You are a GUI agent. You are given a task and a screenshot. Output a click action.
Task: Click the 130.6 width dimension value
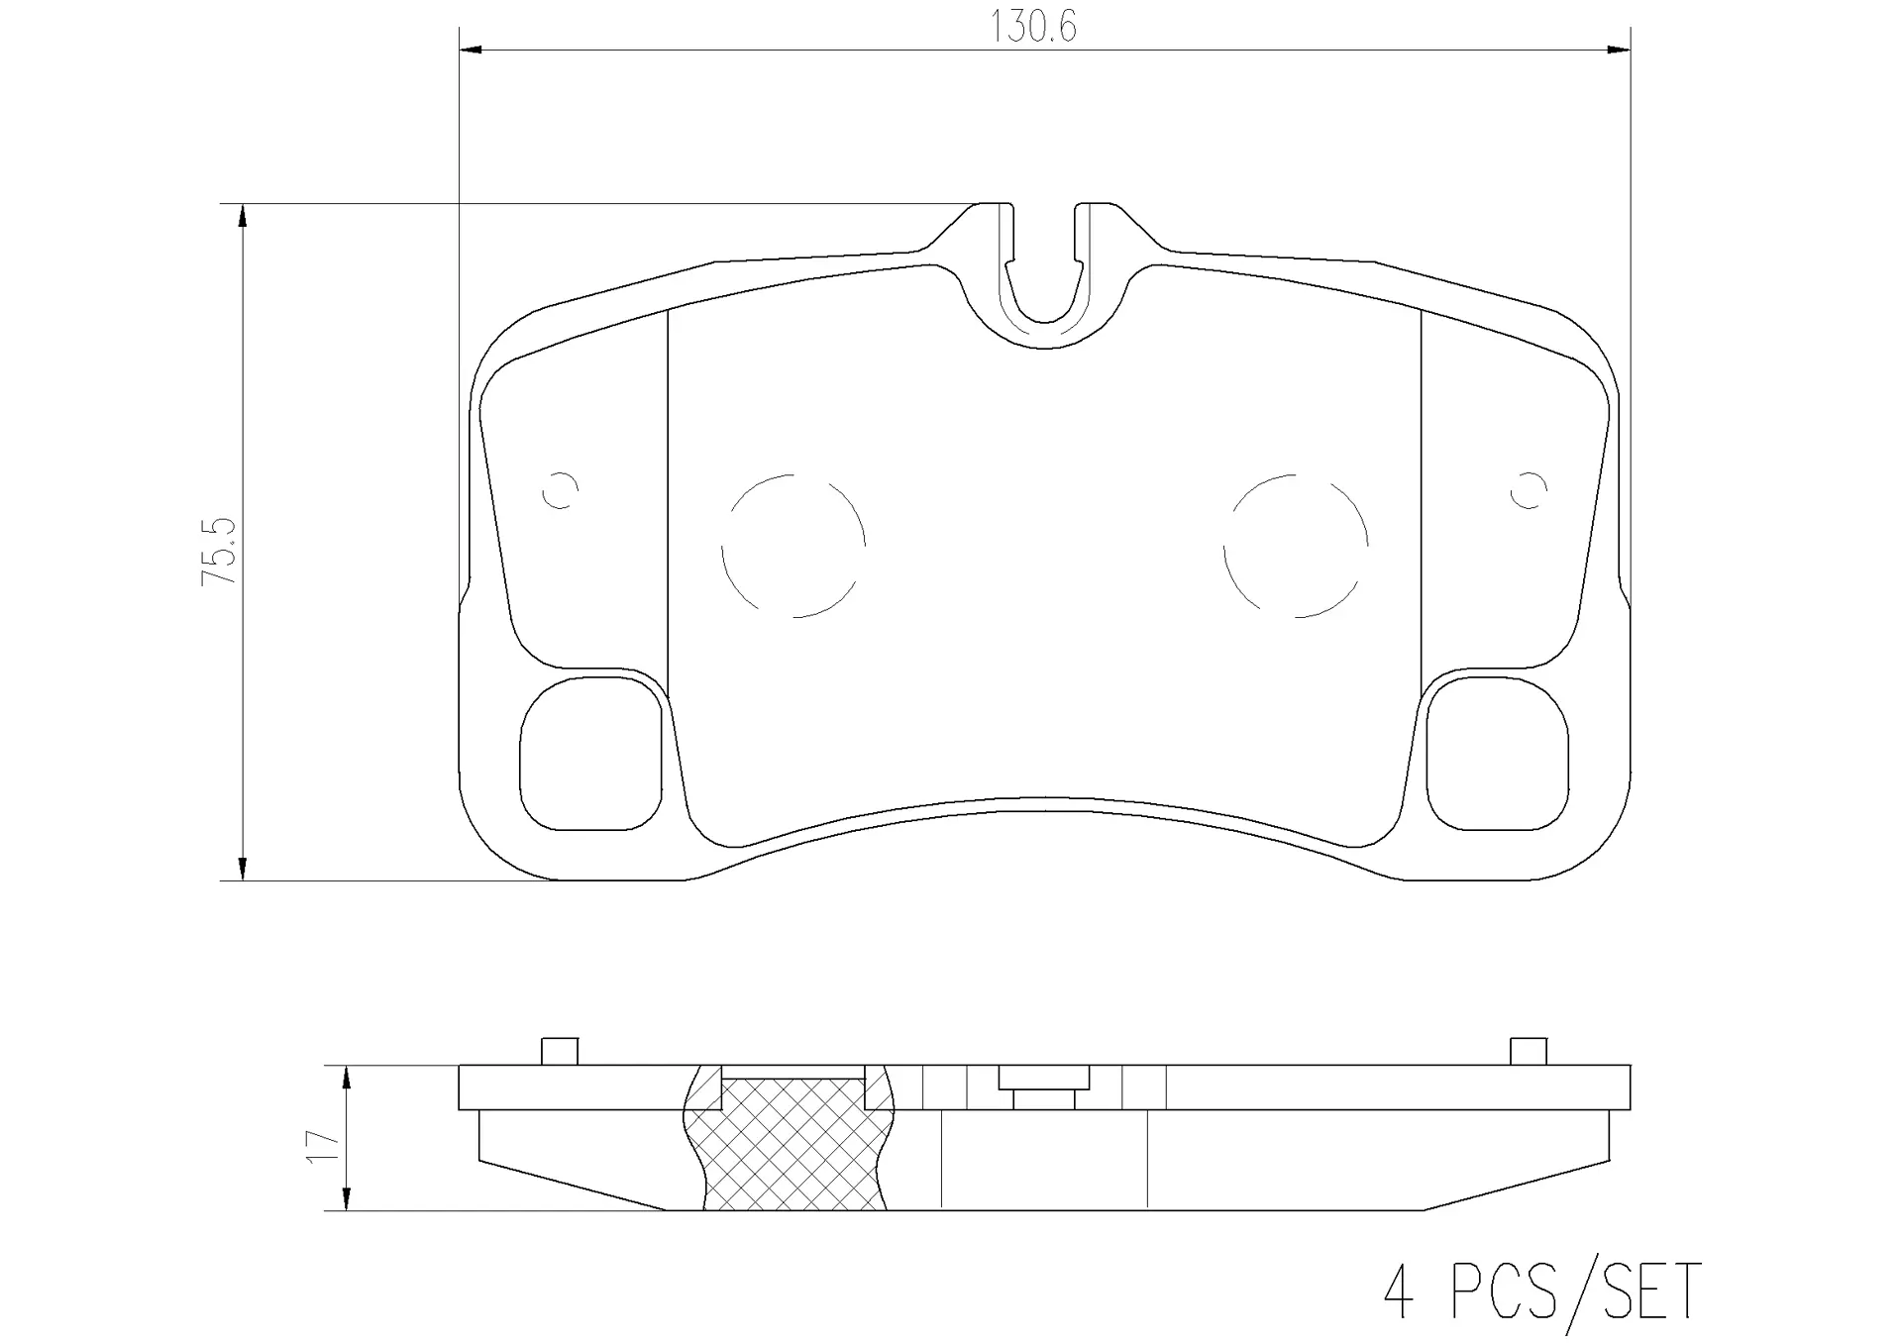[1033, 27]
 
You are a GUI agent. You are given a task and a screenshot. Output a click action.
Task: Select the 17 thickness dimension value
[323, 1146]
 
